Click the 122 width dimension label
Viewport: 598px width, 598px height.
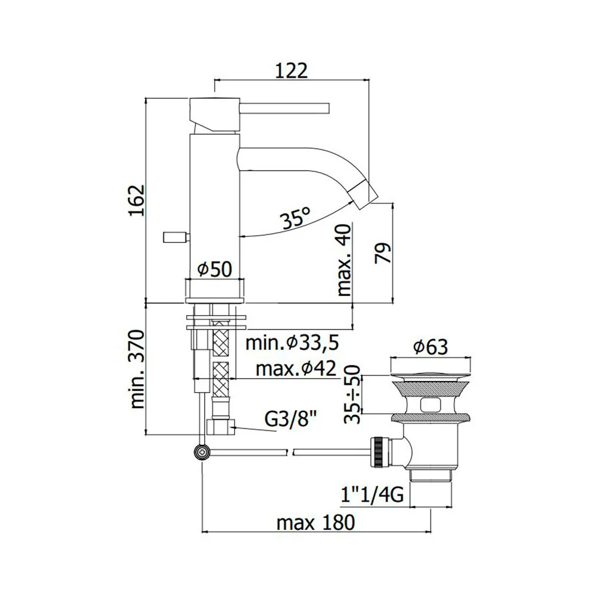(291, 71)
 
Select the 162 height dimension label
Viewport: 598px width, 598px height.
(137, 200)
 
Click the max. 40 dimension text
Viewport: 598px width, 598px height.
(344, 260)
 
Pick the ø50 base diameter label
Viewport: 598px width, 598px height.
(214, 269)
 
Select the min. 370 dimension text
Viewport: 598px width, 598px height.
(138, 369)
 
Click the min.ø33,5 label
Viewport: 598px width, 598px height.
(292, 343)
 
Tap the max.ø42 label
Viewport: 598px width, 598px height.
(296, 369)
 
